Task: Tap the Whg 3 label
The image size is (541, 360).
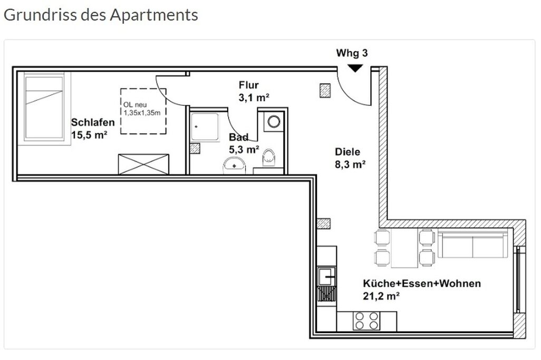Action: coord(352,53)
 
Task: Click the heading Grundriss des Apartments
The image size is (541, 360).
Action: coord(101,15)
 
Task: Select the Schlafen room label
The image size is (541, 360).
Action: coord(93,123)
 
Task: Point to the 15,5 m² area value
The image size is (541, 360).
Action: coord(89,135)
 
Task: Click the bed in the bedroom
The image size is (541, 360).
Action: coord(45,107)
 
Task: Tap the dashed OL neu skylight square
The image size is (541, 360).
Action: coord(143,111)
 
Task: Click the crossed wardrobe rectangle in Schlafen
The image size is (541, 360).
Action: coord(143,164)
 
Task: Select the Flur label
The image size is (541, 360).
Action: coord(248,85)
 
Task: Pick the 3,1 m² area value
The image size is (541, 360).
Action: coord(251,97)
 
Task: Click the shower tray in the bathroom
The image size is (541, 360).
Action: coord(205,127)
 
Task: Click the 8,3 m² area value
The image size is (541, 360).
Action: coord(351,164)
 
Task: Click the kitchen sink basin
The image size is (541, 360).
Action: coord(326,276)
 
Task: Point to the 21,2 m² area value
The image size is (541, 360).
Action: coord(381,296)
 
